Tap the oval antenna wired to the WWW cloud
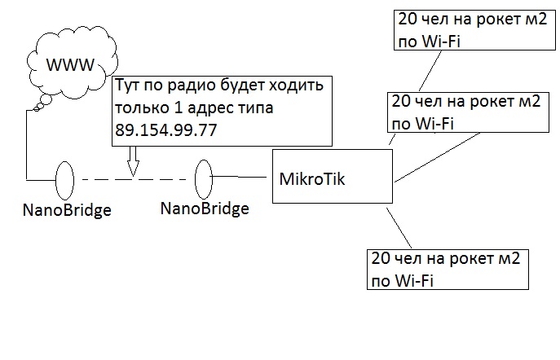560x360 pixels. (65, 178)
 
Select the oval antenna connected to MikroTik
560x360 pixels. (204, 177)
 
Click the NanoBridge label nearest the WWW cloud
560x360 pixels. (65, 211)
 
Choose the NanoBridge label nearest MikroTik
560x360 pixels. (205, 209)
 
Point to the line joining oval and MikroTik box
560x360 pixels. (242, 175)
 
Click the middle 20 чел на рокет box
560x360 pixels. (465, 112)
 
